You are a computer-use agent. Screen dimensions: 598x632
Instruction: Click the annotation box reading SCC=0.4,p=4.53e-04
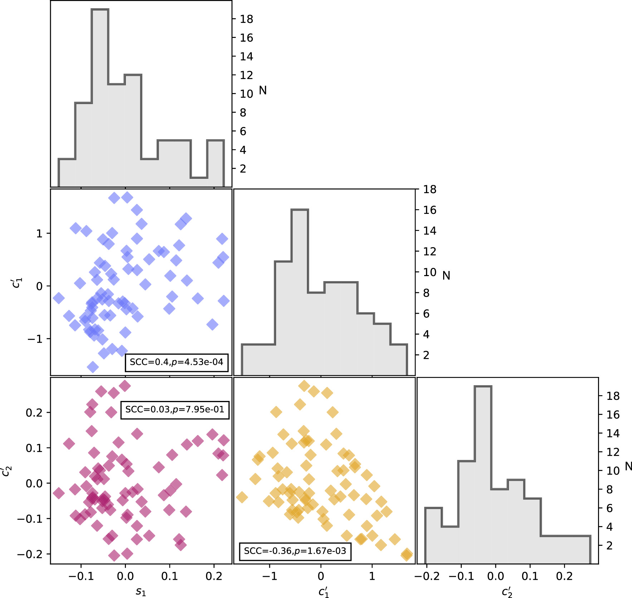pos(176,362)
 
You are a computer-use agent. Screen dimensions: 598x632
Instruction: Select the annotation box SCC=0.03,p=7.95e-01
pos(175,410)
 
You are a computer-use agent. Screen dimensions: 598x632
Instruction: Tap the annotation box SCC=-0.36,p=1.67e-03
pos(295,551)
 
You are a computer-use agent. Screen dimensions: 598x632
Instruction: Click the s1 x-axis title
pos(141,591)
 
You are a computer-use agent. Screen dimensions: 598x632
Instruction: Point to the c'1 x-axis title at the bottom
pos(324,592)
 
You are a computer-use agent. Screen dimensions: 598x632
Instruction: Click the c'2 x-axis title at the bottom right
pos(507,592)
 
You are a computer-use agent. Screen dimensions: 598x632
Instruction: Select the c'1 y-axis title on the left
pos(16,283)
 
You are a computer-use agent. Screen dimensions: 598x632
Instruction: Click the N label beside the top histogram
pos(263,90)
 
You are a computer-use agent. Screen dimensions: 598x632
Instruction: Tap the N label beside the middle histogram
pos(446,275)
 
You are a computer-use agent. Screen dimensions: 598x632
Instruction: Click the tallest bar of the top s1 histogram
pos(100,97)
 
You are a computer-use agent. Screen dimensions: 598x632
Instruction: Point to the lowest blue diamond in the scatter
pos(93,367)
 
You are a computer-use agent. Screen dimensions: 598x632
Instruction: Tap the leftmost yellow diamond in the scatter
pos(242,497)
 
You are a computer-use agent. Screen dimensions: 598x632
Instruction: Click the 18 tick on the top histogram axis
pos(246,19)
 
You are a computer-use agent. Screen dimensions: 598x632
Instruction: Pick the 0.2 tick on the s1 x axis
pos(214,576)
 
